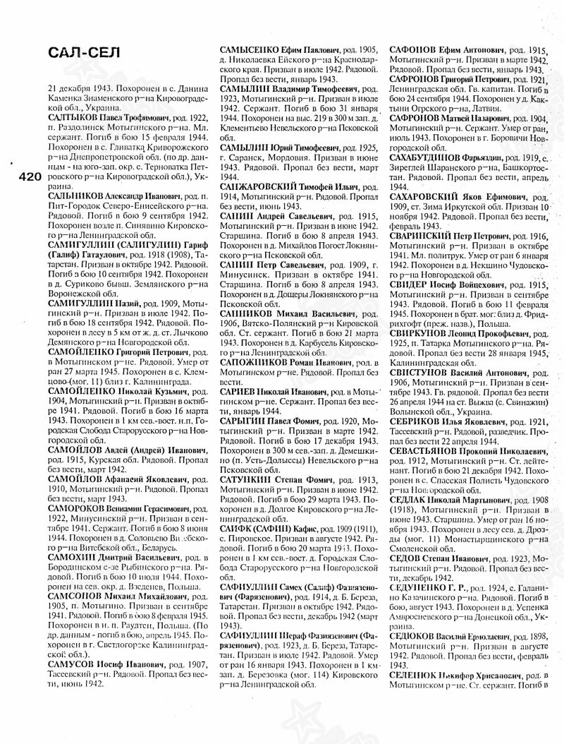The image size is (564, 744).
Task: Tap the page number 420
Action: point(27,176)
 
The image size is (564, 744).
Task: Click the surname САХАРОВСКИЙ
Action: point(428,193)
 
